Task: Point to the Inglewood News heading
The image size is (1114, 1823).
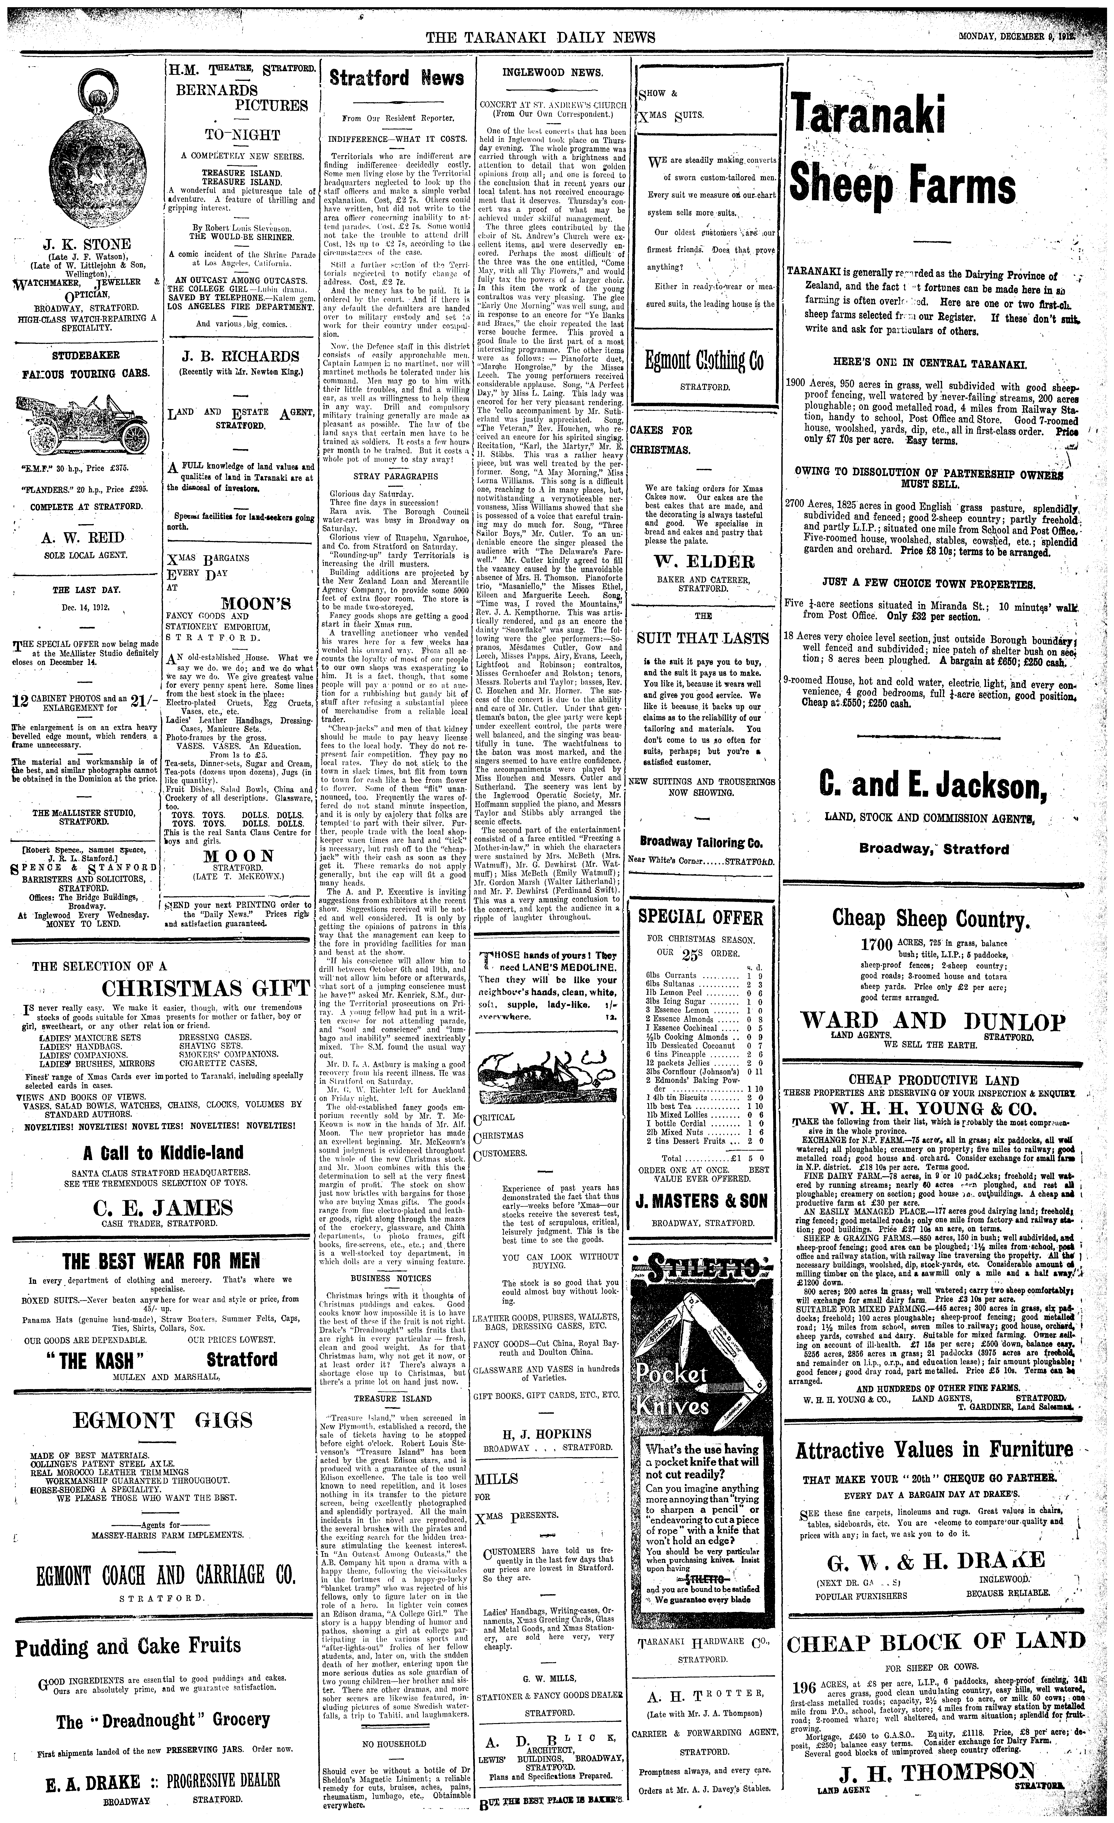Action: pyautogui.click(x=552, y=73)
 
